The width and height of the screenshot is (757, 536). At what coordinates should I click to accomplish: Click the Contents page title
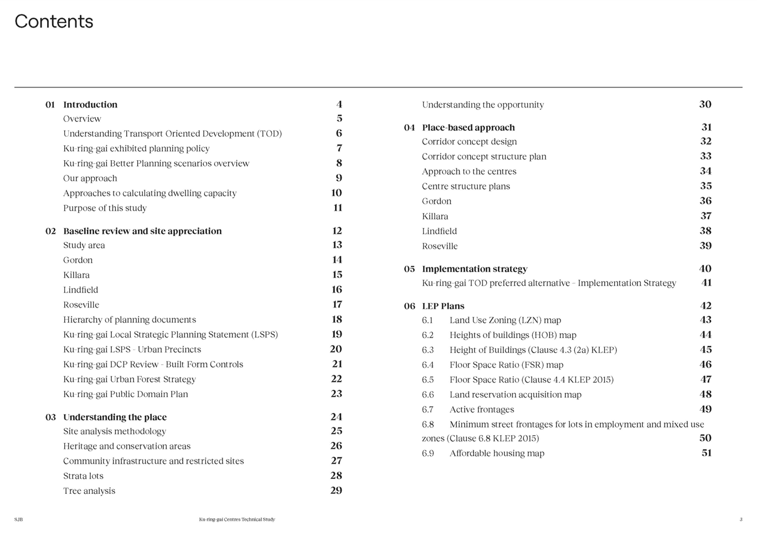(54, 21)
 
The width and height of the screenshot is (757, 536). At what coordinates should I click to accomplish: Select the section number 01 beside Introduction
(50, 104)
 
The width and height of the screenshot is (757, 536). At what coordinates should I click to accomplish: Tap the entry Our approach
(90, 178)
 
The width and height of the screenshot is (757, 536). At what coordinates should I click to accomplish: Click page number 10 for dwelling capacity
(337, 193)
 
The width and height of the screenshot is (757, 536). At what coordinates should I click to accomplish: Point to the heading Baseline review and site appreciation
(143, 231)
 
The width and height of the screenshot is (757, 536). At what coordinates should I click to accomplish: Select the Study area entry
(84, 245)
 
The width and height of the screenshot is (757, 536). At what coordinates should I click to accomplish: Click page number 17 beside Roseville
(337, 304)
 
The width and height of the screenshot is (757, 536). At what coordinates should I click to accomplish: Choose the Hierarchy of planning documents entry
(129, 319)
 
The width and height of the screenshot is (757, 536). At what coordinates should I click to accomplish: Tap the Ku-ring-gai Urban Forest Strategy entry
(129, 379)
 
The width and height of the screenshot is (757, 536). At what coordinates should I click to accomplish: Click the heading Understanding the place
(115, 417)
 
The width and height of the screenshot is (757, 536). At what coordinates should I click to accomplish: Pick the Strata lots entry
(83, 476)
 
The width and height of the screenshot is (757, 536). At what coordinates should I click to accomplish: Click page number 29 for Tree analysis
(336, 491)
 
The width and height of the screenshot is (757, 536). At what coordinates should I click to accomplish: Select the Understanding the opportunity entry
(483, 105)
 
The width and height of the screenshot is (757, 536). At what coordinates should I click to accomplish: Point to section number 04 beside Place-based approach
(409, 127)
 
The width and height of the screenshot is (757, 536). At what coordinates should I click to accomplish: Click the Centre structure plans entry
(466, 186)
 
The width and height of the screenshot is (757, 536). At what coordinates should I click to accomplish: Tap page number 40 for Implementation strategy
(705, 268)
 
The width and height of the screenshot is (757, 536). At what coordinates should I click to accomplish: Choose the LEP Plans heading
(443, 306)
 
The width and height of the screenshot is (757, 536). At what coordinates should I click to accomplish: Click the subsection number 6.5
(428, 380)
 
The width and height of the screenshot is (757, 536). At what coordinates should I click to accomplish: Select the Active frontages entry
(481, 409)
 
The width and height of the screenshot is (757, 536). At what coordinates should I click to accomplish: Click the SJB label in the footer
(19, 519)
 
